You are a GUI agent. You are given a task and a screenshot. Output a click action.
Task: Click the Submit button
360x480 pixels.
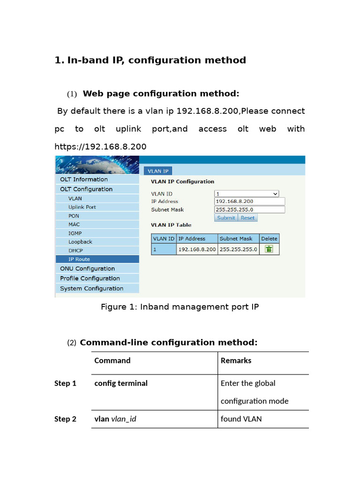(226, 217)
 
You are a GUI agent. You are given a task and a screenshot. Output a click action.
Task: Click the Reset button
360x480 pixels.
(247, 217)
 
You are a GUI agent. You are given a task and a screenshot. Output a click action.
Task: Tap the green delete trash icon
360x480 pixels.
(269, 249)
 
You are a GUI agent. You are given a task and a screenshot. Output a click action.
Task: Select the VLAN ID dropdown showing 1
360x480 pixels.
(247, 194)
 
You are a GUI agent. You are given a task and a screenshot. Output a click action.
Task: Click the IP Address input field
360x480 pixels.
(249, 202)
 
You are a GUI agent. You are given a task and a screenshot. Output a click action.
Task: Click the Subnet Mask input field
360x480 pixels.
(249, 210)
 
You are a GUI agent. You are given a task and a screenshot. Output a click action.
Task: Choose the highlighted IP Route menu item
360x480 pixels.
(79, 259)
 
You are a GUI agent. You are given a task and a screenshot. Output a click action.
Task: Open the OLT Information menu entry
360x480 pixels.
(84, 180)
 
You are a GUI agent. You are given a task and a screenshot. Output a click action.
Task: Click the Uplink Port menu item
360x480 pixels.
(82, 207)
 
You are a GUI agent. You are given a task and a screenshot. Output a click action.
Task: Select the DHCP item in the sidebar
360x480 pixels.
(75, 251)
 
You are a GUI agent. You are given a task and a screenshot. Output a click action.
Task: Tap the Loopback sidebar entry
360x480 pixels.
(80, 242)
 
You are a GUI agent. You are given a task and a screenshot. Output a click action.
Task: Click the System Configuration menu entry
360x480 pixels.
(91, 289)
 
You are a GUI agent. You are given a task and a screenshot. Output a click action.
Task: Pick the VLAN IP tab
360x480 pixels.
(158, 171)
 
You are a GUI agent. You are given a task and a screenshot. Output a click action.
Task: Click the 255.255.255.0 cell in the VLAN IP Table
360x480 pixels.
(238, 249)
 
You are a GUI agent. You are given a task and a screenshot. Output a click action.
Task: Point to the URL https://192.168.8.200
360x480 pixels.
(100, 147)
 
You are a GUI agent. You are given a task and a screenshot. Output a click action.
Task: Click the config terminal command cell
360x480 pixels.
(121, 383)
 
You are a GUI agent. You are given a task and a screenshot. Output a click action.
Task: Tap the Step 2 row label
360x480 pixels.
(65, 419)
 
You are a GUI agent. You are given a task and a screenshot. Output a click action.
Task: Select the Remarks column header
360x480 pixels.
(236, 360)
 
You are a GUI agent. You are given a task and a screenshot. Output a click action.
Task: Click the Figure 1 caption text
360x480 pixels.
(180, 307)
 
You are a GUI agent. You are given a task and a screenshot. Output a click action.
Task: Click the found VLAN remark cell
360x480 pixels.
(241, 419)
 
